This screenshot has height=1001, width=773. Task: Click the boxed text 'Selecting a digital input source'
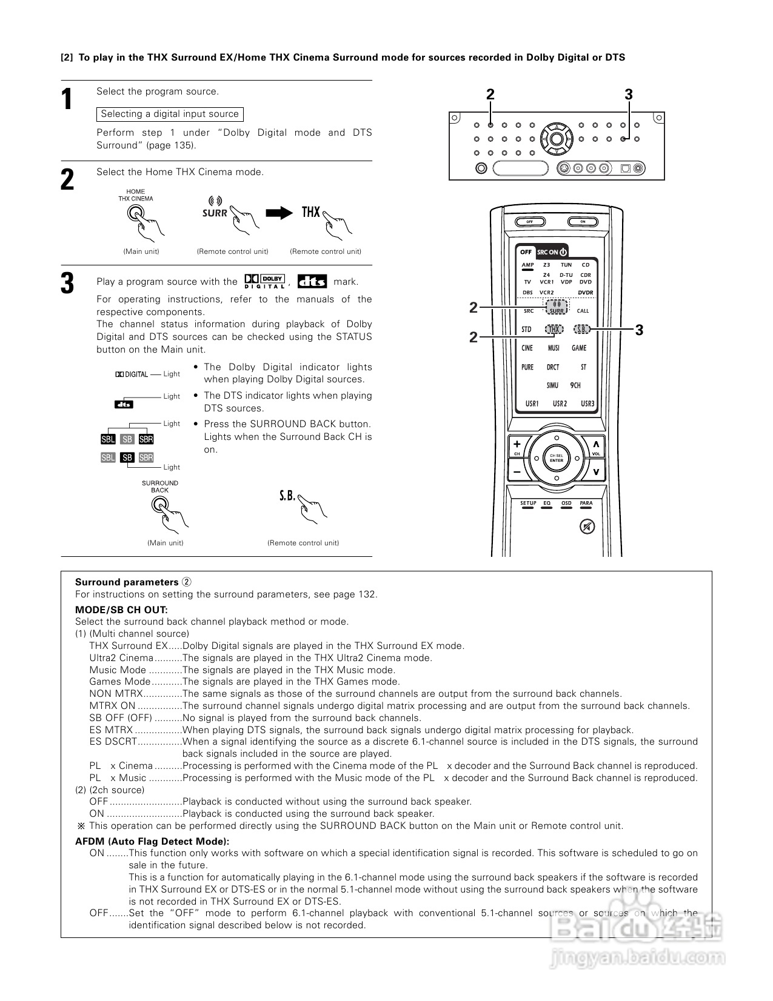[x=170, y=114]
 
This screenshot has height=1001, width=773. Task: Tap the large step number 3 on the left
[x=68, y=284]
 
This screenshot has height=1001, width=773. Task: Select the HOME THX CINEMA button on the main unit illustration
[x=135, y=213]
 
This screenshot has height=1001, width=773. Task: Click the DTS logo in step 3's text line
[x=312, y=281]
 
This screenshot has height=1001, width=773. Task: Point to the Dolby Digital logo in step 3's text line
[x=264, y=281]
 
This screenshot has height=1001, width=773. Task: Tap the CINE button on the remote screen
[x=527, y=348]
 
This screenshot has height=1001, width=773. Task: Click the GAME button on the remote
[x=579, y=348]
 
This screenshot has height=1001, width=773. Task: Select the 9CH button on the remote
[x=575, y=385]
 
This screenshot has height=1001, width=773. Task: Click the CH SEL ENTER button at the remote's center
[x=556, y=458]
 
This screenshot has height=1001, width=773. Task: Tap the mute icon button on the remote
[x=586, y=527]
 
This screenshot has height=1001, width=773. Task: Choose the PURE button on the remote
[x=527, y=367]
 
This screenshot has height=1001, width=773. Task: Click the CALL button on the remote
[x=583, y=311]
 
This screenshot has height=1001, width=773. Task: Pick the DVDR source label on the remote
[x=585, y=293]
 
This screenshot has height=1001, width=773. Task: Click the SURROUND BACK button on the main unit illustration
[x=159, y=504]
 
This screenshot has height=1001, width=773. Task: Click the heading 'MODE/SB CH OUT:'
[x=121, y=610]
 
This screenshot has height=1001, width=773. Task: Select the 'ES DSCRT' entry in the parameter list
[x=113, y=742]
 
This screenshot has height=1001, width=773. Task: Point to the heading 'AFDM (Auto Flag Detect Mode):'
[x=152, y=841]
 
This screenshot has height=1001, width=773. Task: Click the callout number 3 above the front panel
[x=629, y=95]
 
